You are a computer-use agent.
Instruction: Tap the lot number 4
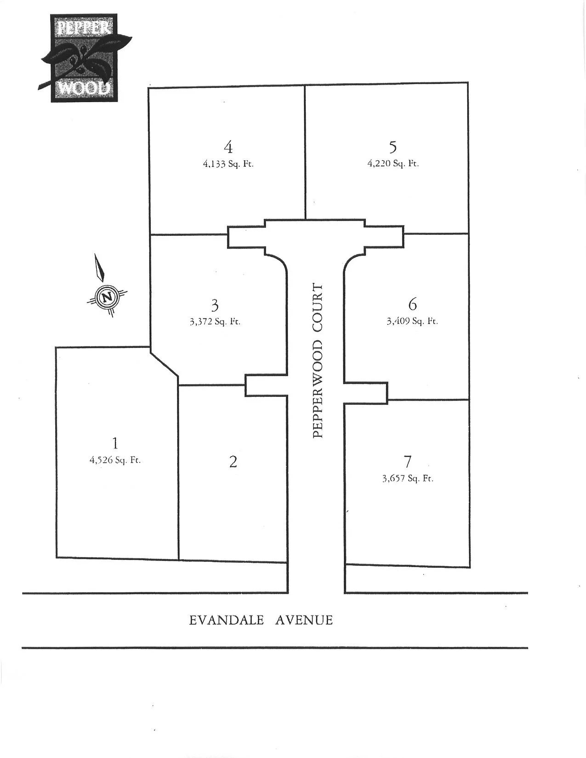click(228, 147)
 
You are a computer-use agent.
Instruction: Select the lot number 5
click(393, 147)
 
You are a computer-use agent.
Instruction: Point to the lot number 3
click(215, 305)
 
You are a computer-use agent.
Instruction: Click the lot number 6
click(412, 304)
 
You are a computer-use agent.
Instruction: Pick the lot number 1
click(115, 443)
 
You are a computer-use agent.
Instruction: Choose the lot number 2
click(233, 462)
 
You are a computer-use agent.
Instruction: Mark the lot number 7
click(408, 462)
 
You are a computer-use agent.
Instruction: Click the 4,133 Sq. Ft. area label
click(228, 164)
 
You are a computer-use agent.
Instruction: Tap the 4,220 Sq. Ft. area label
click(393, 163)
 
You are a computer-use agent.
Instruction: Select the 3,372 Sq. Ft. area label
click(215, 322)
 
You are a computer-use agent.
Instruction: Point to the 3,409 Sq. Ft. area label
click(412, 321)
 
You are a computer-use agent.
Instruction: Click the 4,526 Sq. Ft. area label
click(115, 459)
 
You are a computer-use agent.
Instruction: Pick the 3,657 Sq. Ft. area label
click(408, 478)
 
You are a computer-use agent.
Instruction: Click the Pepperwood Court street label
click(318, 361)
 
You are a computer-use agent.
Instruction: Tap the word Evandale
click(227, 620)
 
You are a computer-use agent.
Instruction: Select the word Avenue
click(304, 620)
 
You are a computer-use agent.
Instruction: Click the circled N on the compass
click(108, 297)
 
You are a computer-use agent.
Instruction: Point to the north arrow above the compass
click(99, 268)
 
